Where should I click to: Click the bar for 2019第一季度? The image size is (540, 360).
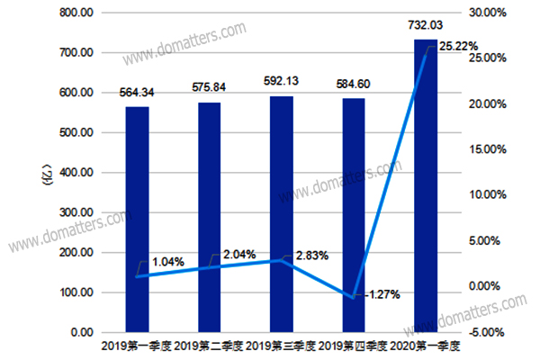click(137, 220)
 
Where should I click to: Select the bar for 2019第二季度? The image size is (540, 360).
click(209, 218)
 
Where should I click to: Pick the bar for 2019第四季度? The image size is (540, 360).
click(353, 216)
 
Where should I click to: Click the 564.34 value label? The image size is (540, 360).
click(137, 94)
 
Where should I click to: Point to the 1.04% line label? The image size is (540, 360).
click(167, 262)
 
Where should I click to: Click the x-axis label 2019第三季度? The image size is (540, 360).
click(281, 346)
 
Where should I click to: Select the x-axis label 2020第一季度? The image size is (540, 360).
click(427, 346)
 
